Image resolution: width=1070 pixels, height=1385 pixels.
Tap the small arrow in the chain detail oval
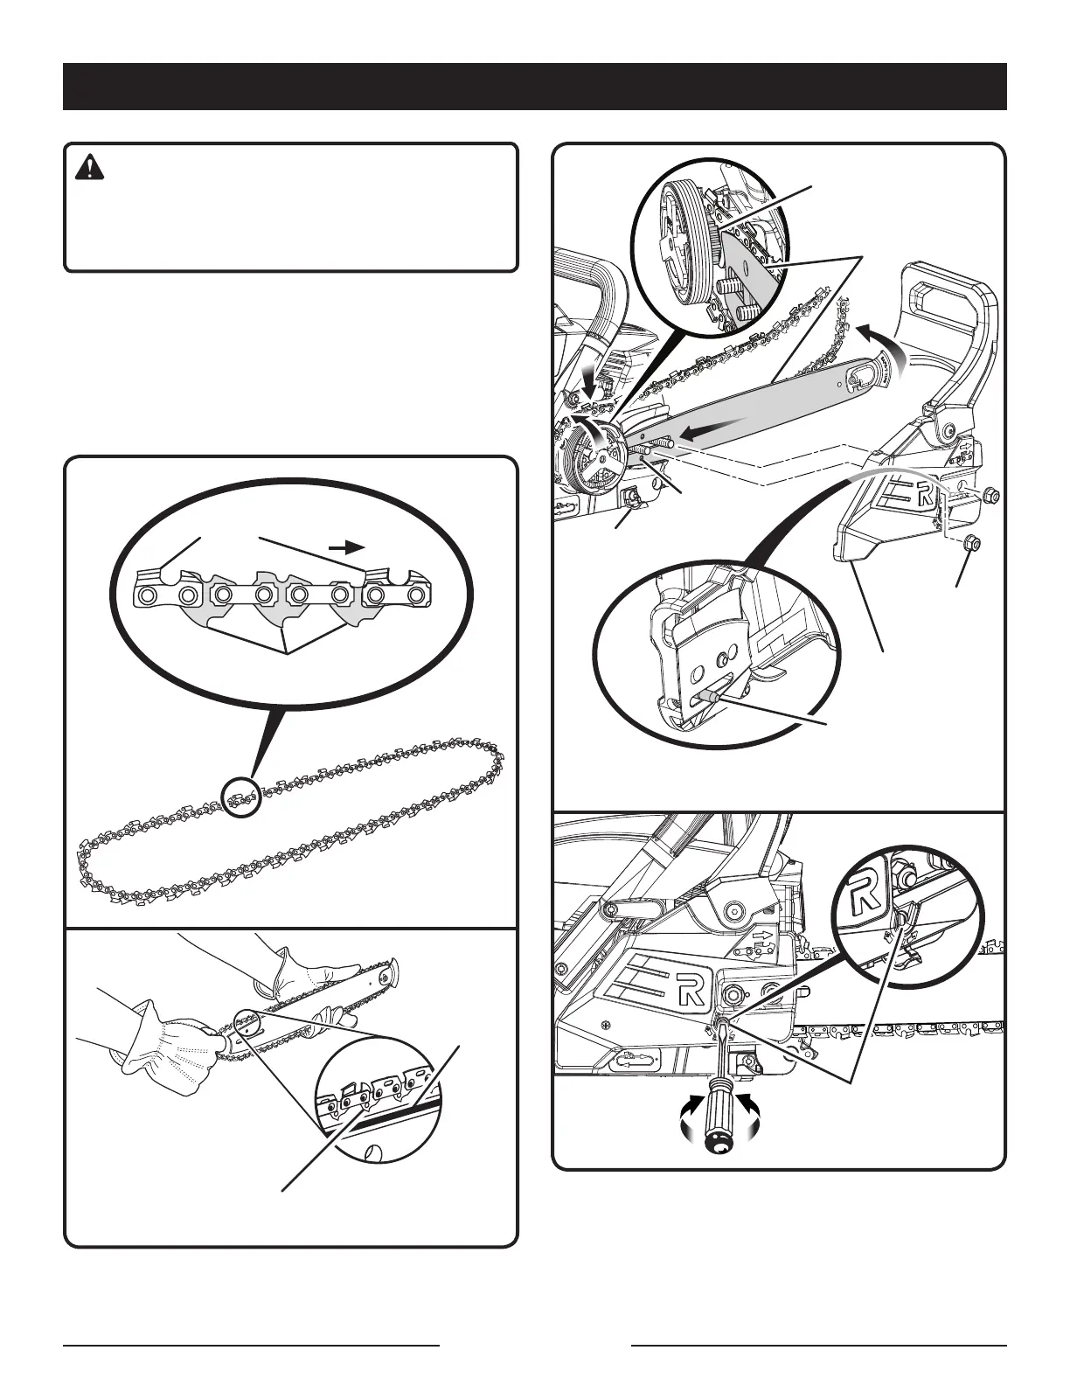point(347,547)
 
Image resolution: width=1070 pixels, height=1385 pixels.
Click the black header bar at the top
point(534,86)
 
